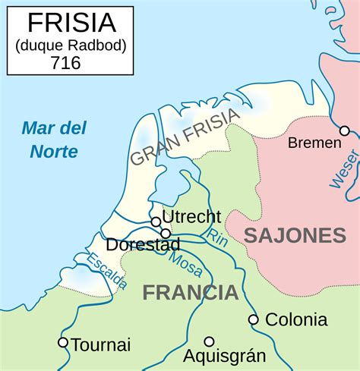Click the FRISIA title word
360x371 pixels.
click(x=70, y=24)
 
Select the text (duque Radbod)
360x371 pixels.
click(x=70, y=45)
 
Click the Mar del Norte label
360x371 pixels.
click(x=54, y=139)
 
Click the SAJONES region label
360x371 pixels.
click(x=295, y=235)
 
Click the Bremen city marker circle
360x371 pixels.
click(x=344, y=130)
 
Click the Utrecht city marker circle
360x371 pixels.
click(x=156, y=222)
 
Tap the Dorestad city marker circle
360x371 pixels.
click(x=166, y=233)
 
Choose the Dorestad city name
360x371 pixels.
click(x=143, y=245)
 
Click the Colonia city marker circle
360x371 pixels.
click(x=254, y=319)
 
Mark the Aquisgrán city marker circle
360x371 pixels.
click(x=209, y=341)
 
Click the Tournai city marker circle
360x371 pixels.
click(x=63, y=342)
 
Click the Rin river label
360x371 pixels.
click(x=218, y=237)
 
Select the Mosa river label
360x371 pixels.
click(x=185, y=263)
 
